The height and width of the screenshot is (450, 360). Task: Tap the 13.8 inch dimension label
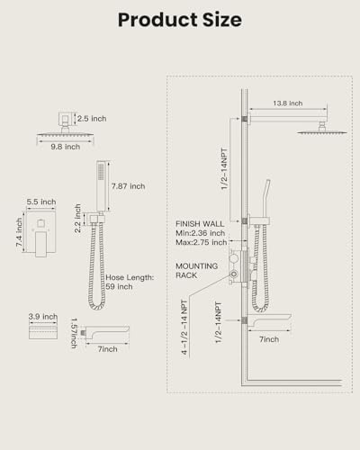(x=288, y=103)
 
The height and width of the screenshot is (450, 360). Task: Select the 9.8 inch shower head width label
(x=66, y=147)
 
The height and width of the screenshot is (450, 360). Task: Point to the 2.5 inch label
(x=92, y=119)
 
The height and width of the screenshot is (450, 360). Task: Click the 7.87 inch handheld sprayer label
(x=129, y=186)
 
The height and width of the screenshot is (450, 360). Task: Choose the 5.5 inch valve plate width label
(x=41, y=202)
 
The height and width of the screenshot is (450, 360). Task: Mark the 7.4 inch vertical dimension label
(x=19, y=232)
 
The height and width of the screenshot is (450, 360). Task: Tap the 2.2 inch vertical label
(x=77, y=219)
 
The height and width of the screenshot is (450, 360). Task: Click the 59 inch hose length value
(x=119, y=287)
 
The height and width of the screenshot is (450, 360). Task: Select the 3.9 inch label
(x=43, y=317)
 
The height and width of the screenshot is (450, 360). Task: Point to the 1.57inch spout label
(x=74, y=333)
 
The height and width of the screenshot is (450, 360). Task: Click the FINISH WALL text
(x=200, y=224)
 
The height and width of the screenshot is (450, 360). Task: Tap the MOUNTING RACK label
(x=197, y=271)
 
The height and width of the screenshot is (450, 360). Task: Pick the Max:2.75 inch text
(x=202, y=242)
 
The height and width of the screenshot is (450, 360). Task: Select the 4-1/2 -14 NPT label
(x=184, y=328)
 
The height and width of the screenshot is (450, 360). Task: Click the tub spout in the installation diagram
(x=269, y=320)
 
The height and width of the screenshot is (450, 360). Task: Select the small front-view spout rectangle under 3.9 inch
(x=43, y=333)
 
